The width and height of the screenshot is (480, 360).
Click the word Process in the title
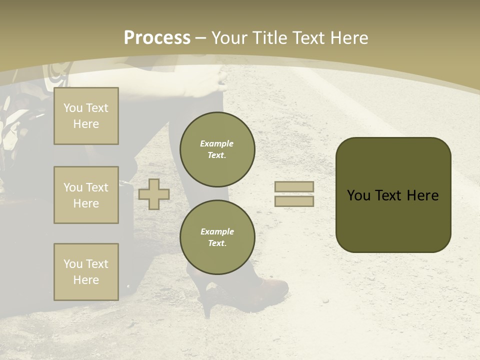(157, 38)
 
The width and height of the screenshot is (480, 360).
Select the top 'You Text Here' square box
(86, 116)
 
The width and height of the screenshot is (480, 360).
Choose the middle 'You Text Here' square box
(86, 195)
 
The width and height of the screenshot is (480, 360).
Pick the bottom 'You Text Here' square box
(86, 272)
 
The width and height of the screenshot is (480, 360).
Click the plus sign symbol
(154, 194)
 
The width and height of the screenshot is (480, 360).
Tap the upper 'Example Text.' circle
(217, 149)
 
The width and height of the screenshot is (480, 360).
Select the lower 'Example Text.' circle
(217, 237)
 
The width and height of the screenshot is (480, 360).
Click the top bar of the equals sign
(294, 186)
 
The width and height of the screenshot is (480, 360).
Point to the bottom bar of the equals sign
(294, 201)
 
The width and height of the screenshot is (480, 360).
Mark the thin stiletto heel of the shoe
(206, 307)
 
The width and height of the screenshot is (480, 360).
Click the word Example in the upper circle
(217, 143)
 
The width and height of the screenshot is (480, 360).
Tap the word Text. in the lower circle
(217, 243)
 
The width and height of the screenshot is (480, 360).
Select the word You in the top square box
(72, 108)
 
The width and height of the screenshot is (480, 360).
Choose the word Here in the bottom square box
(86, 280)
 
